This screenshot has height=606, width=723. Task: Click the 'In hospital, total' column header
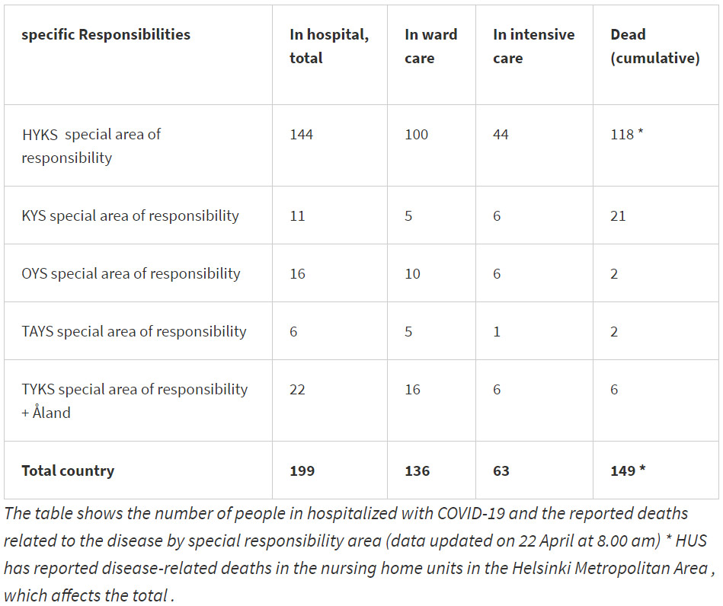point(328,46)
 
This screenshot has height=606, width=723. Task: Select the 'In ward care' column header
point(430,46)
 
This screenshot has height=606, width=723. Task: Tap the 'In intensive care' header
point(533,46)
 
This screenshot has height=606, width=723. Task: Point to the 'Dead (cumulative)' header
point(654,46)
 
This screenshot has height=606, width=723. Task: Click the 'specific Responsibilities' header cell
point(106,34)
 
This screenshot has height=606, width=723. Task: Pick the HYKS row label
point(91,145)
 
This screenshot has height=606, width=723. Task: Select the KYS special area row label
point(130,215)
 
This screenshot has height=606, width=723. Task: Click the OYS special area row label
point(130,273)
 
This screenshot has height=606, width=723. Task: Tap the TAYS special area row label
point(133,331)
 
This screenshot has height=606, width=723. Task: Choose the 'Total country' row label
point(68,470)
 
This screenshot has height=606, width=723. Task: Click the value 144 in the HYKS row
point(301,135)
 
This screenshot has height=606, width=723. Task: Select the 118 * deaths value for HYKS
point(627,135)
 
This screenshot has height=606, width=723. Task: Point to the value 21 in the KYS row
point(618,215)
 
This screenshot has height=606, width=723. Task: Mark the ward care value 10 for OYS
point(412,273)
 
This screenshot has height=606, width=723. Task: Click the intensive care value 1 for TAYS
point(497,331)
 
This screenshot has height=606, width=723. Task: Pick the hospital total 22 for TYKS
point(297,389)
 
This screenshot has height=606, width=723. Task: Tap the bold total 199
point(302,470)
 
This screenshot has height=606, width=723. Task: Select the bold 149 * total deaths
point(628,470)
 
